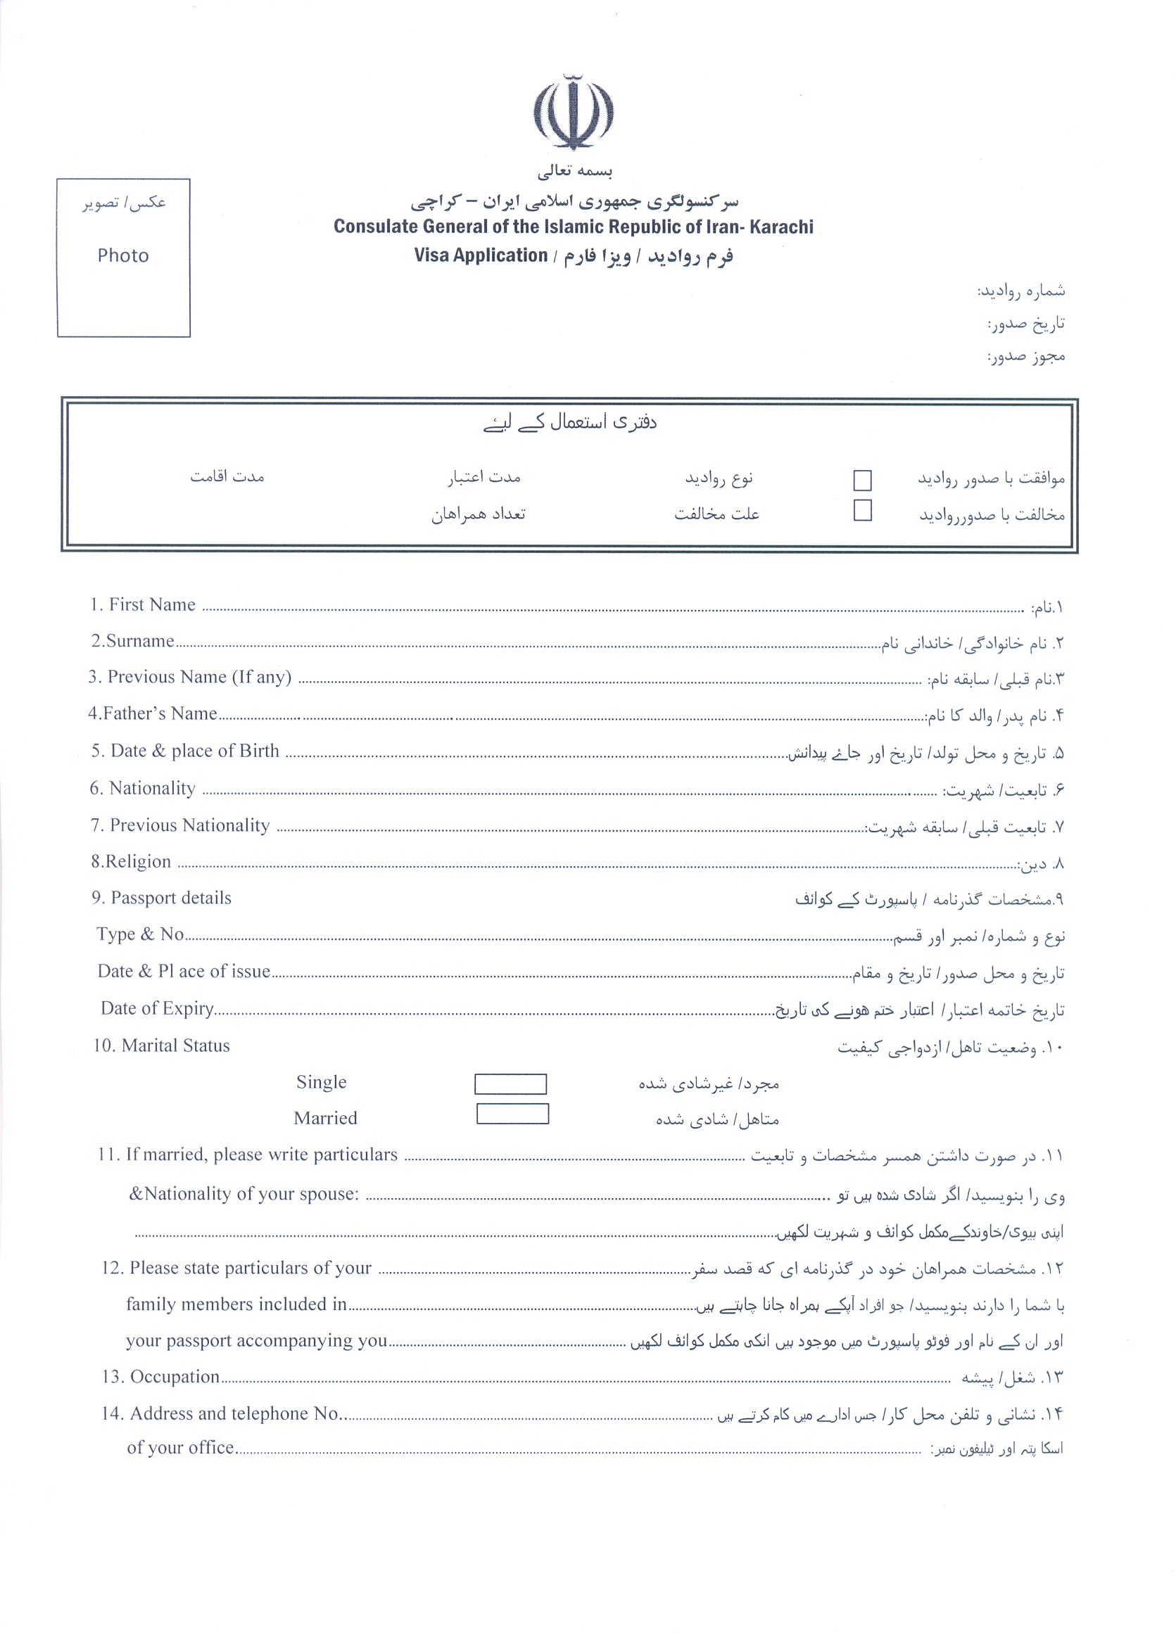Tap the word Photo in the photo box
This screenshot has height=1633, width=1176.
[x=123, y=255]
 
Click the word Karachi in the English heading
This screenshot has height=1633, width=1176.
[x=781, y=227]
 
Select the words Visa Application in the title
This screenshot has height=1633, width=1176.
[x=481, y=255]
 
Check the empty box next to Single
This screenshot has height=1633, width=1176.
[x=510, y=1084]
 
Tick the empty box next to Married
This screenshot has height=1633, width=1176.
[x=512, y=1114]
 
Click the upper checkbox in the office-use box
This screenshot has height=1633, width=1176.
[x=862, y=481]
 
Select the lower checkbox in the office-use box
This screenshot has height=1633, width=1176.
[x=862, y=511]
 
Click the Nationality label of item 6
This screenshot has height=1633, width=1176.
[x=152, y=789]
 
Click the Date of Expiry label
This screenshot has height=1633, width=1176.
[x=157, y=1009]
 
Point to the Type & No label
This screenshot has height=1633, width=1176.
[x=141, y=934]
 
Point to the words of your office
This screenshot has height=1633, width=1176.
[x=180, y=1447]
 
